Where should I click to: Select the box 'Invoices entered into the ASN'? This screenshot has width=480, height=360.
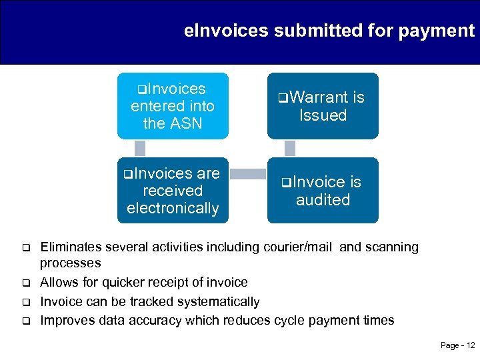pyautogui.click(x=173, y=106)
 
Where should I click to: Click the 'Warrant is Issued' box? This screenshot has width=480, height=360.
pyautogui.click(x=323, y=106)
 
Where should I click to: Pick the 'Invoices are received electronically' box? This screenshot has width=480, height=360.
pyautogui.click(x=173, y=191)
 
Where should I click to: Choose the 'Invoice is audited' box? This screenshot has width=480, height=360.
pyautogui.click(x=323, y=191)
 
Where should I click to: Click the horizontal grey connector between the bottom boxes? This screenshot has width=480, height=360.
pyautogui.click(x=247, y=174)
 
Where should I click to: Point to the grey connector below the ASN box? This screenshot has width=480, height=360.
pyautogui.click(x=140, y=148)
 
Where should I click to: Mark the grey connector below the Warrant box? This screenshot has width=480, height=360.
pyautogui.click(x=290, y=148)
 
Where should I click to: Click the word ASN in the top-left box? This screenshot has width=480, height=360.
pyautogui.click(x=186, y=123)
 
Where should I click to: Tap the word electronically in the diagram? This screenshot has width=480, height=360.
pyautogui.click(x=173, y=208)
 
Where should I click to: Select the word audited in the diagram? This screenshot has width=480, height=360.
pyautogui.click(x=323, y=199)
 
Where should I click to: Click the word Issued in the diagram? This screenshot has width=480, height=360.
pyautogui.click(x=323, y=115)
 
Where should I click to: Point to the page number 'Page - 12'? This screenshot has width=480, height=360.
pyautogui.click(x=457, y=345)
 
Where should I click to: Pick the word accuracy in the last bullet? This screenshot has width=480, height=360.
pyautogui.click(x=156, y=320)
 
